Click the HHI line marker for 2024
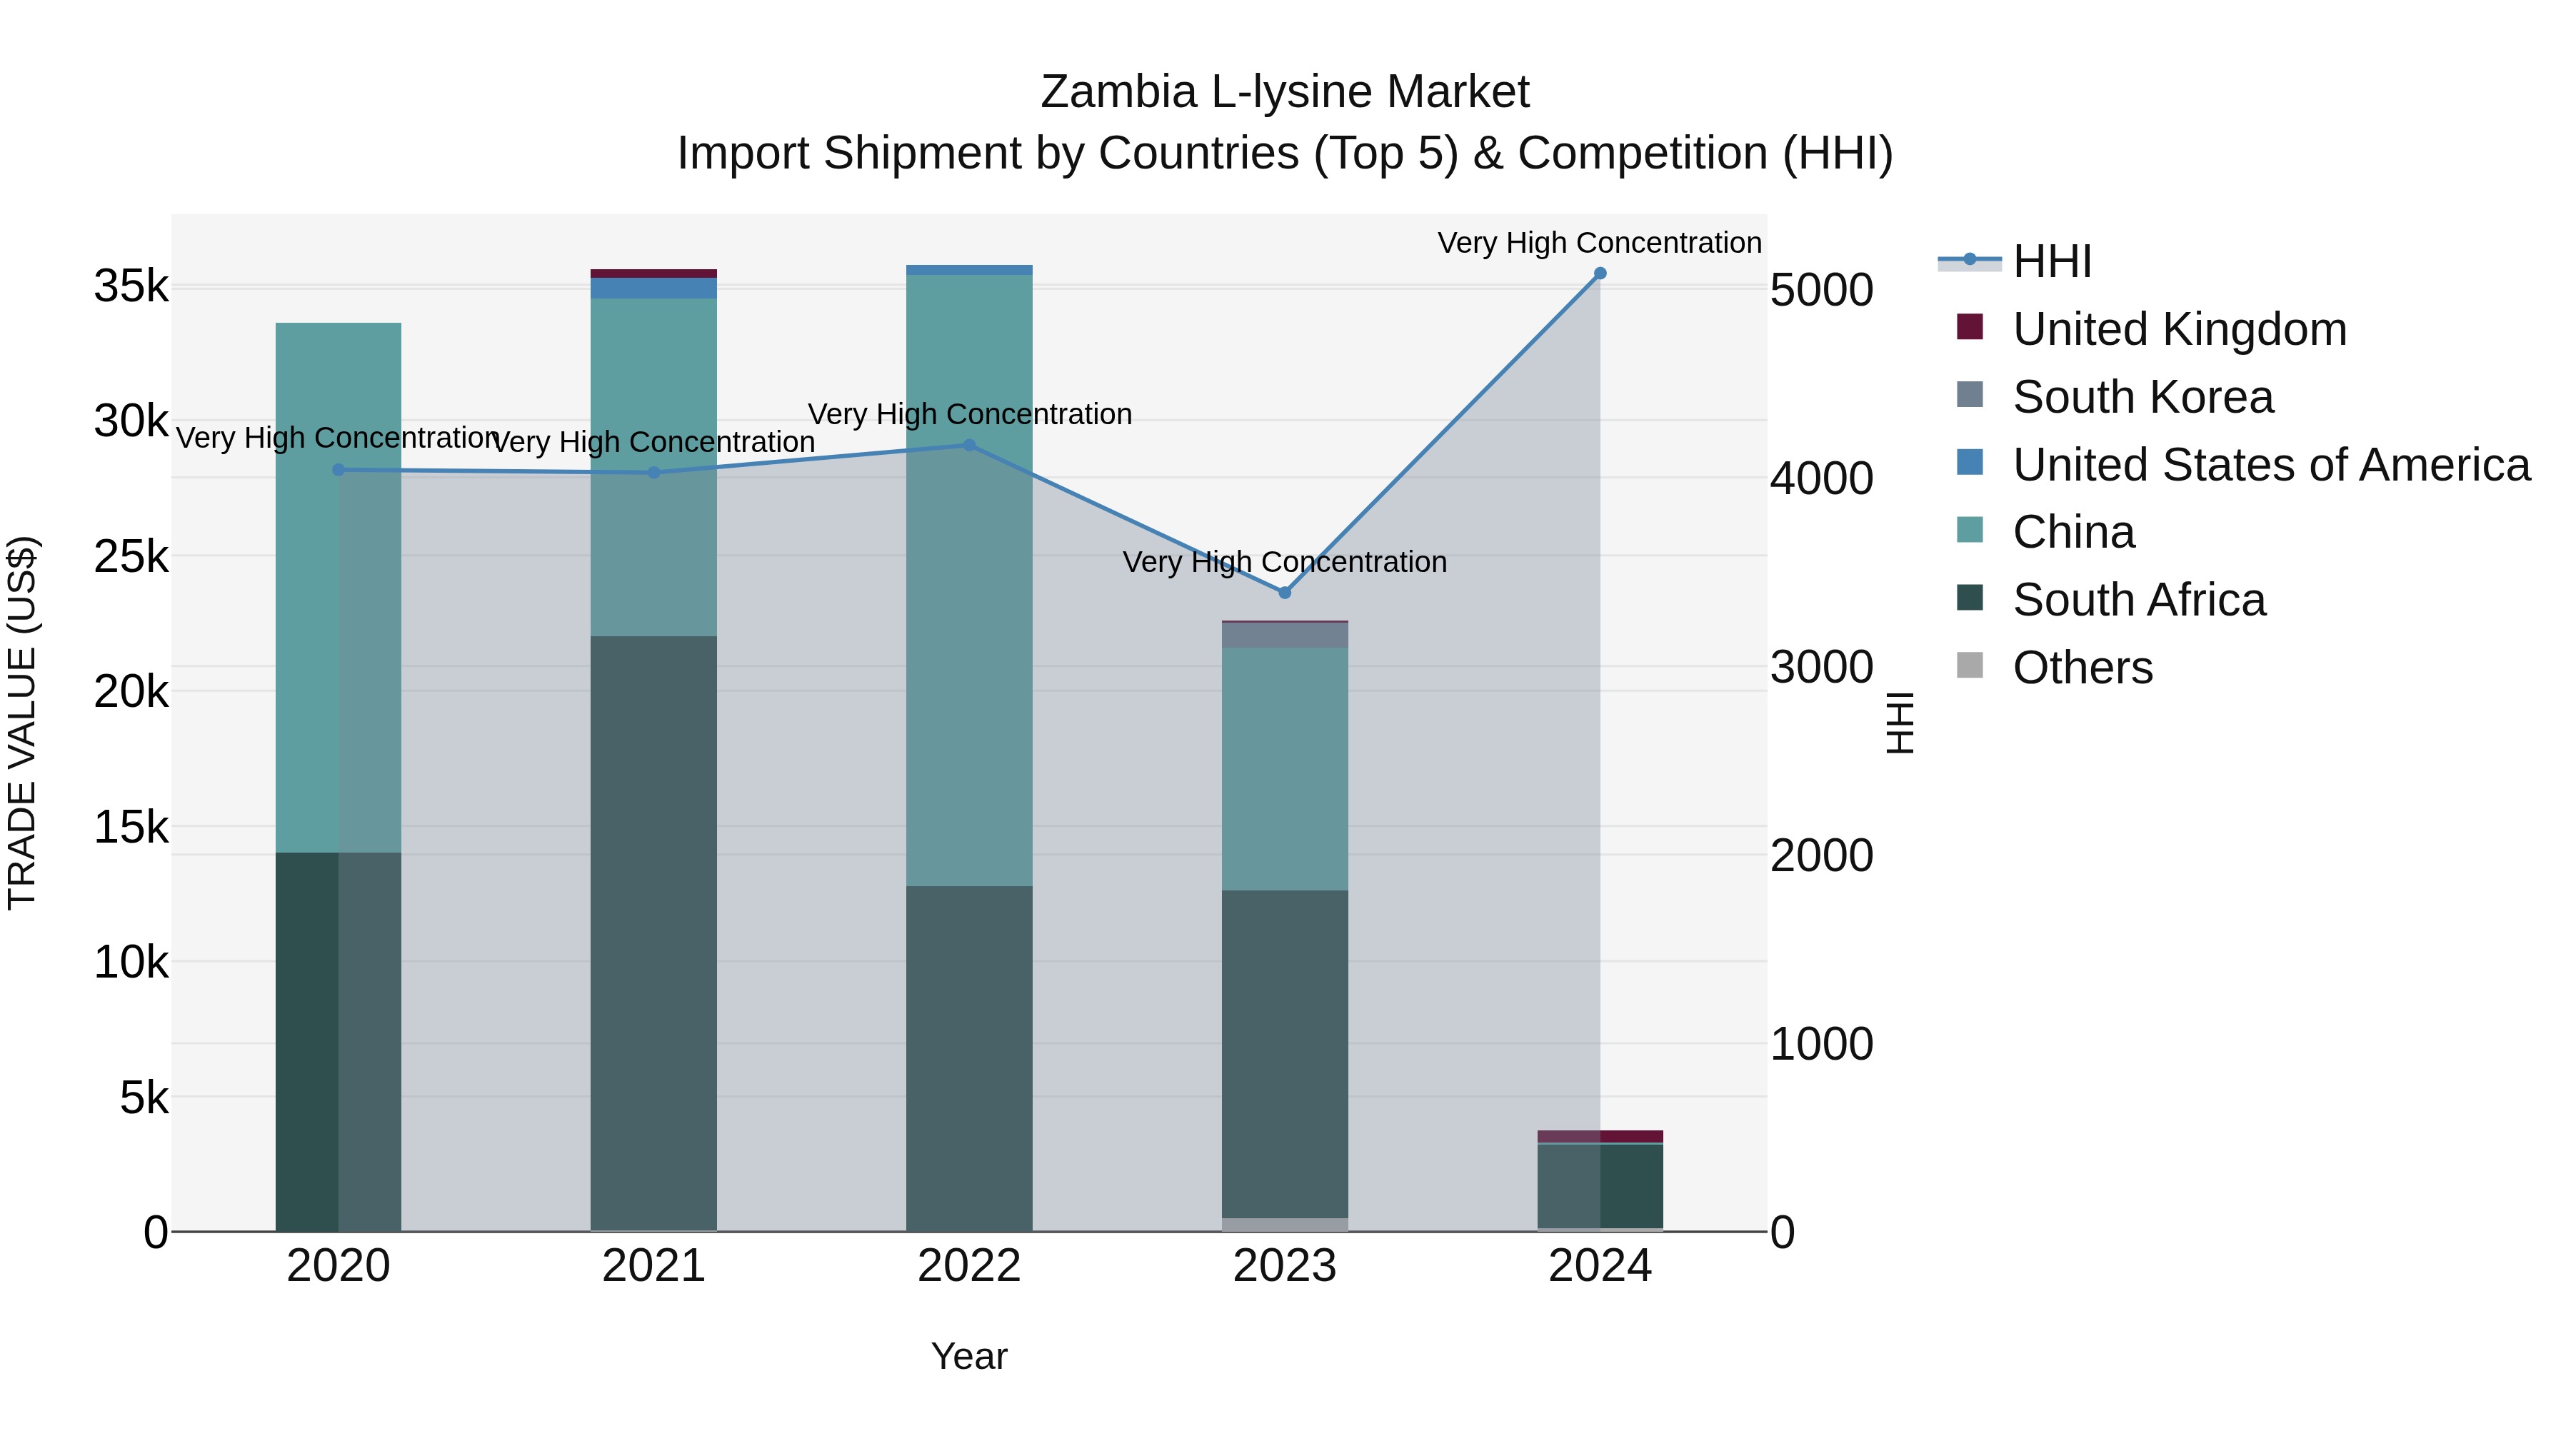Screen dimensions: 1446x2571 1600,273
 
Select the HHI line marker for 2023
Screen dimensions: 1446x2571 1285,593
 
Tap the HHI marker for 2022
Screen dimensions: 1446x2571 969,445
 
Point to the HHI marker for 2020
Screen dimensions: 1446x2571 339,470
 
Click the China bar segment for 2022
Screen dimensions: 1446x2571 969,579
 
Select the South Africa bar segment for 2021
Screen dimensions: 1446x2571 653,933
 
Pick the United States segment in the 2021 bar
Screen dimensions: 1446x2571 653,288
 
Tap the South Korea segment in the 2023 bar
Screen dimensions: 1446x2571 1285,635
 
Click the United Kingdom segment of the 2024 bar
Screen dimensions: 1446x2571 1600,1137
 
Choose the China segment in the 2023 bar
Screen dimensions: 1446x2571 1285,768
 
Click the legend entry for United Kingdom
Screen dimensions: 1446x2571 2179,329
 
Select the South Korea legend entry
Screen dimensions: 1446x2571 2142,397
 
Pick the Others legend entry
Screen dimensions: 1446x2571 2082,668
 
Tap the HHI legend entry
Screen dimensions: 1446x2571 2051,261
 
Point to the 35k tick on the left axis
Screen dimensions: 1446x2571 131,286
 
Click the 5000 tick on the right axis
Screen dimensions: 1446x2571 1821,291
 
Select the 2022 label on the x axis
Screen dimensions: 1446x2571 969,1266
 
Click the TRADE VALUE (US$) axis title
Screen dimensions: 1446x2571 22,723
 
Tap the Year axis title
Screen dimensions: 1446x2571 969,1356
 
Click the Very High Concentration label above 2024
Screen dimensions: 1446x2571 1599,243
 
